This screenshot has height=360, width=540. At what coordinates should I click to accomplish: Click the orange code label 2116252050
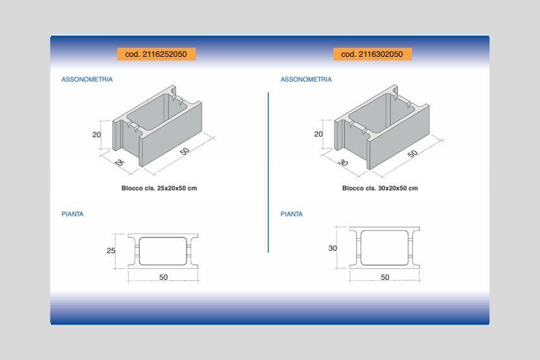tap(157, 54)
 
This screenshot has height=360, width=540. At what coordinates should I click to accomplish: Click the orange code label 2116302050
tap(372, 54)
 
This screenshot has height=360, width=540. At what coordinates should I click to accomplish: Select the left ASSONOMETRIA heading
tap(87, 79)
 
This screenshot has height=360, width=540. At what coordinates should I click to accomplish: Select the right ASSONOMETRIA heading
tap(306, 79)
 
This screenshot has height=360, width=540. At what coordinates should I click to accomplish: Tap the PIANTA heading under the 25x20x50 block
tap(73, 214)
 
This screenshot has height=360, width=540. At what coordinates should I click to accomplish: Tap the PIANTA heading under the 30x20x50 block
tap(291, 214)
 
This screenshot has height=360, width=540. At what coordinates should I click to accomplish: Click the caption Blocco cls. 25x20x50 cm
tap(159, 188)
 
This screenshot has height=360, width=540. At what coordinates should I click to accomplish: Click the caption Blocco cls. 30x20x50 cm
tap(380, 188)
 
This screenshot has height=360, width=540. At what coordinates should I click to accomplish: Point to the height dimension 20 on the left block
tap(97, 135)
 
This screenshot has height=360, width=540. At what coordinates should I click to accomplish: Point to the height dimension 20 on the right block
tap(318, 134)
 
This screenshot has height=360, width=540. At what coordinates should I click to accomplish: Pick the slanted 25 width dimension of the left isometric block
tap(119, 162)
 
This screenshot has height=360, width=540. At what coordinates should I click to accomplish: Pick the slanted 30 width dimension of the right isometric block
tap(343, 162)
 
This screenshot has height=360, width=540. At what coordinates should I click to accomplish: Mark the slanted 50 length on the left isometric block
tap(184, 151)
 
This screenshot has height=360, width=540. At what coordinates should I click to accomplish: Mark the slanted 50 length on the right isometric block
tap(412, 153)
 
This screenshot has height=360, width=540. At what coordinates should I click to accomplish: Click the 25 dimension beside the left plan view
tap(111, 251)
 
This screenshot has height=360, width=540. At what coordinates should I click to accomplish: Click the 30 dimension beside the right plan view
tap(332, 248)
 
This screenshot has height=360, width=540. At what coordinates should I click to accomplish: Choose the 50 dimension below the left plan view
tap(163, 277)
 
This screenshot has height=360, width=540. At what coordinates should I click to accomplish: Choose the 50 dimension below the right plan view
tap(385, 277)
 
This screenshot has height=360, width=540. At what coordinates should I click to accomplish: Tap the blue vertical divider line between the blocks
tap(268, 172)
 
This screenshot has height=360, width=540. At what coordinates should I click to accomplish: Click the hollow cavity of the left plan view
tap(163, 251)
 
